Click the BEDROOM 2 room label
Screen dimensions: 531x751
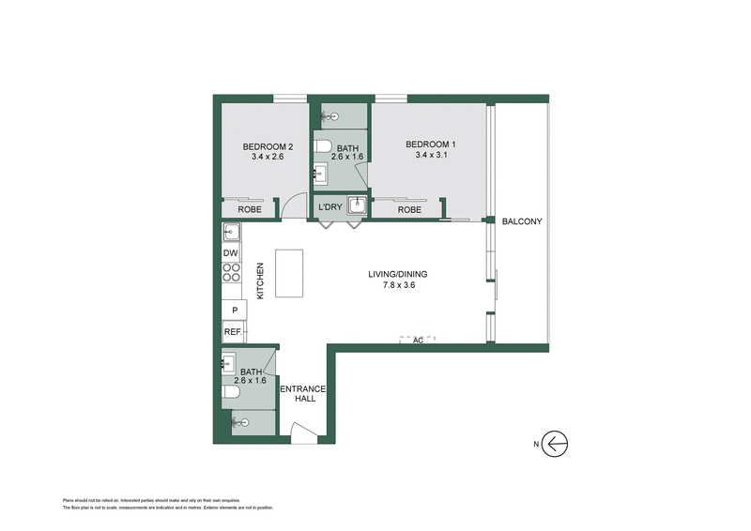point(268,145)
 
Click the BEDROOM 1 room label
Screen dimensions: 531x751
point(431,144)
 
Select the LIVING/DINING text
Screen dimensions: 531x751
point(397,274)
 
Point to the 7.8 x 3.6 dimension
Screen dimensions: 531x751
point(397,285)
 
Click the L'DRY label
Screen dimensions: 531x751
point(330,207)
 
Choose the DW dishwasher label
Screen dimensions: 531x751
point(231,252)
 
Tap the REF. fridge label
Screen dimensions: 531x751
point(232,331)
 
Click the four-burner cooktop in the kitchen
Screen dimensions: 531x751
point(231,273)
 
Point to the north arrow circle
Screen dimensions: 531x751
point(557,444)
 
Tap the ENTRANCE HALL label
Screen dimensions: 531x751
point(304,393)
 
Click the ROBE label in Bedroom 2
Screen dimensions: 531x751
point(249,210)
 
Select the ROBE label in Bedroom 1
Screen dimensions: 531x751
point(409,210)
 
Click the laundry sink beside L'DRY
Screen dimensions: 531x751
point(357,205)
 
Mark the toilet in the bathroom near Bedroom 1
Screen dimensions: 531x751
point(323,145)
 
